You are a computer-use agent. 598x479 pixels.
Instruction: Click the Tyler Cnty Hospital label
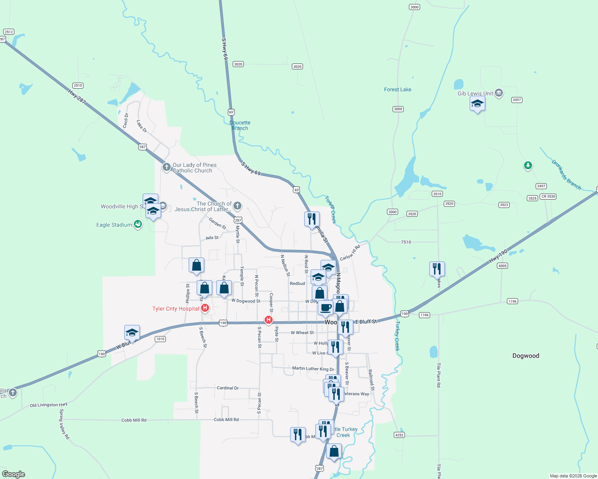(175, 309)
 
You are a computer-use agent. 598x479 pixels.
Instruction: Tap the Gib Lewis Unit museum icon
(498, 93)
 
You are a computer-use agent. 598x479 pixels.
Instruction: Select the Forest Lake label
(397, 89)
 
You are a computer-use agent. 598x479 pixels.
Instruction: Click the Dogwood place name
(526, 356)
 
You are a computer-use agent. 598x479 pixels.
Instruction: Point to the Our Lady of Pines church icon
(167, 167)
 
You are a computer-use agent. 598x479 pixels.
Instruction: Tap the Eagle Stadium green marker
(138, 224)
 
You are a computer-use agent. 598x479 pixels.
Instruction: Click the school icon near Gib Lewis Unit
(477, 104)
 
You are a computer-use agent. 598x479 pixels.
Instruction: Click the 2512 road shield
(8, 32)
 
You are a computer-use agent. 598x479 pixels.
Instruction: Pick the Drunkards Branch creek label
(566, 174)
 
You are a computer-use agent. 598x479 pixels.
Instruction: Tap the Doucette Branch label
(240, 125)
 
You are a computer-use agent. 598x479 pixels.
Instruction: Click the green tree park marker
(528, 165)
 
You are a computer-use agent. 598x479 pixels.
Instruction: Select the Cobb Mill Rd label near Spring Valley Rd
(134, 420)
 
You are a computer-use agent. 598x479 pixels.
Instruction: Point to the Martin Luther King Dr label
(313, 369)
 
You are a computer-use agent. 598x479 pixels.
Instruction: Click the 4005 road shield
(502, 266)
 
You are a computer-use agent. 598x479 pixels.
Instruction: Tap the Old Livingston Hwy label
(48, 405)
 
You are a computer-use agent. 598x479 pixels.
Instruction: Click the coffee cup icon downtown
(325, 308)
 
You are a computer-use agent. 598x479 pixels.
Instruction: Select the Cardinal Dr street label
(227, 388)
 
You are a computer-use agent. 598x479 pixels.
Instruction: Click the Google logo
(14, 474)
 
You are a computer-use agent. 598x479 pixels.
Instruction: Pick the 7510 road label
(406, 242)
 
